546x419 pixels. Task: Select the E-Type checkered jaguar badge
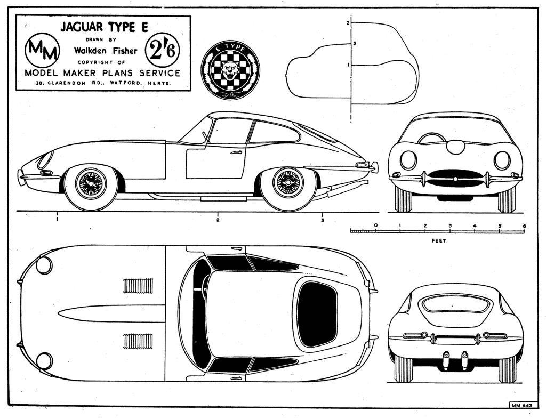click(230, 70)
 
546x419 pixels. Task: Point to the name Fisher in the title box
click(125, 51)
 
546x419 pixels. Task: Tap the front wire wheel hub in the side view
click(91, 183)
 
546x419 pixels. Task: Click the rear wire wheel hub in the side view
click(288, 183)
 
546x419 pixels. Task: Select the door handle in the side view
click(236, 152)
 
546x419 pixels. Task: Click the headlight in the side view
click(46, 159)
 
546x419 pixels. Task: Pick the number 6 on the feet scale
click(525, 226)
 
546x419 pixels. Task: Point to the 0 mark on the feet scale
click(375, 225)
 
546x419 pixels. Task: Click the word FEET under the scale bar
click(439, 240)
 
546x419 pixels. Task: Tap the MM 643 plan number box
click(522, 406)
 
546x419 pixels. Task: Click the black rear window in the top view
click(317, 315)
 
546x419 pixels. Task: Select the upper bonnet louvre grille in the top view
click(138, 285)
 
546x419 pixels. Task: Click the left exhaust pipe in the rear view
click(446, 360)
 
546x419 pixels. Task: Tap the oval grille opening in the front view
click(455, 179)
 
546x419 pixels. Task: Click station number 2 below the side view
click(218, 220)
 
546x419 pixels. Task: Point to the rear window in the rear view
click(456, 305)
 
